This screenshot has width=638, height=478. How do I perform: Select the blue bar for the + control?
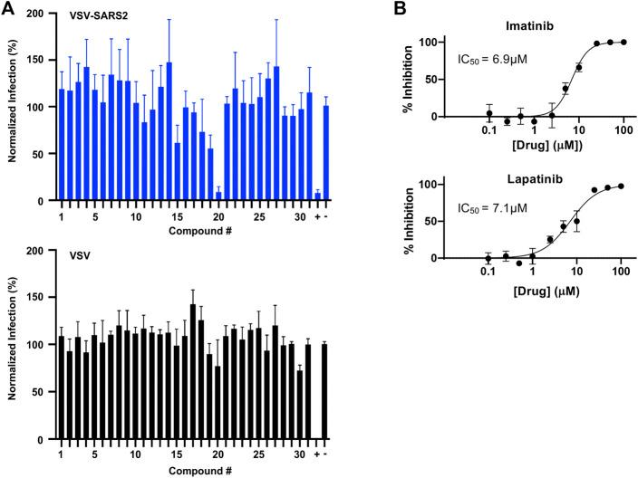317,196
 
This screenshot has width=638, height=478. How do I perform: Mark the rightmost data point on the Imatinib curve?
623,42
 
